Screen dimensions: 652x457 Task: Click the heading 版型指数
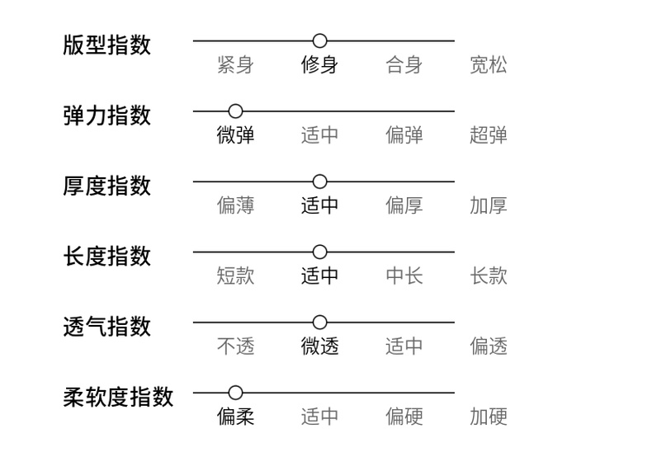pos(106,45)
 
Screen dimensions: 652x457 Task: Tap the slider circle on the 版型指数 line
pos(320,40)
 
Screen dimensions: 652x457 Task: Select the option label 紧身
pos(235,65)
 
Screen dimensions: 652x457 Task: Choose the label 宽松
pos(489,65)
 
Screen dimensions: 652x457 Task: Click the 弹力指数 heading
pos(106,115)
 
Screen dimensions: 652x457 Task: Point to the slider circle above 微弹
pos(235,111)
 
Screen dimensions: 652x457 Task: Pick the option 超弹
pos(489,135)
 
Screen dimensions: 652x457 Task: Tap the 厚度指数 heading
pos(106,185)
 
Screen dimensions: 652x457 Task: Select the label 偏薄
pos(235,205)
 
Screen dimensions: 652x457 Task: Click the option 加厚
pos(489,205)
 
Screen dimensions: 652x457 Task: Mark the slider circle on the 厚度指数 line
pos(320,181)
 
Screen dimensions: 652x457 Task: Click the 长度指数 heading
pos(106,255)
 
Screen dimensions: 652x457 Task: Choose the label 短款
pos(235,276)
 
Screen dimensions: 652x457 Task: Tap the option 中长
pos(404,276)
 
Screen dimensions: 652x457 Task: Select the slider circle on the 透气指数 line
pos(320,322)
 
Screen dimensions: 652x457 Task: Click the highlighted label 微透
pos(320,346)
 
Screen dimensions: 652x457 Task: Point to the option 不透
pos(235,346)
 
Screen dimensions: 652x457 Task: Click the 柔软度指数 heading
pos(118,397)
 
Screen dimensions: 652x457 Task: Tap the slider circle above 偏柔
pos(235,393)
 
